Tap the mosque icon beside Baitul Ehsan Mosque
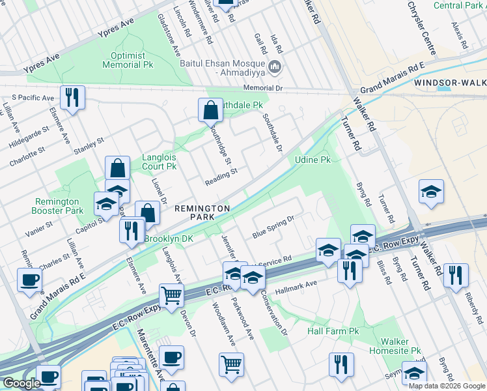pyautogui.click(x=275, y=66)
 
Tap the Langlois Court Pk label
pyautogui.click(x=160, y=162)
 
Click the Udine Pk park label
pyautogui.click(x=313, y=159)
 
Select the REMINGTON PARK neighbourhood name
pyautogui.click(x=202, y=212)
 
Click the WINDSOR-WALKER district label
pyautogui.click(x=449, y=83)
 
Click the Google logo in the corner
pyautogui.click(x=21, y=383)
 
